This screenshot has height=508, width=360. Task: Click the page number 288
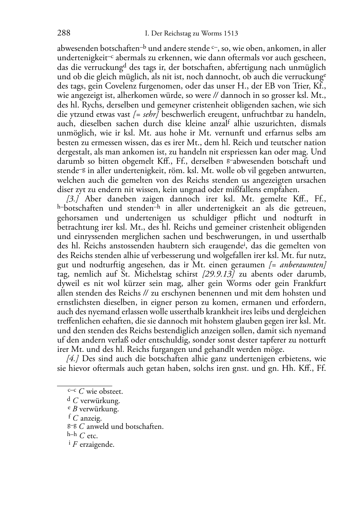coord(63,33)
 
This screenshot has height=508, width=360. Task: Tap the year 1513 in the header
coord(230,34)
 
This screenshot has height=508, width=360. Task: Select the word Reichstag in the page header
coord(175,34)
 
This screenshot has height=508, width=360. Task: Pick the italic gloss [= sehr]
coord(147,114)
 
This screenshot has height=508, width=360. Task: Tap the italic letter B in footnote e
coord(75,409)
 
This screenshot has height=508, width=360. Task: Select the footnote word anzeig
coord(91,418)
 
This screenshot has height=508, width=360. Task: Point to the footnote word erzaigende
coord(97,445)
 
